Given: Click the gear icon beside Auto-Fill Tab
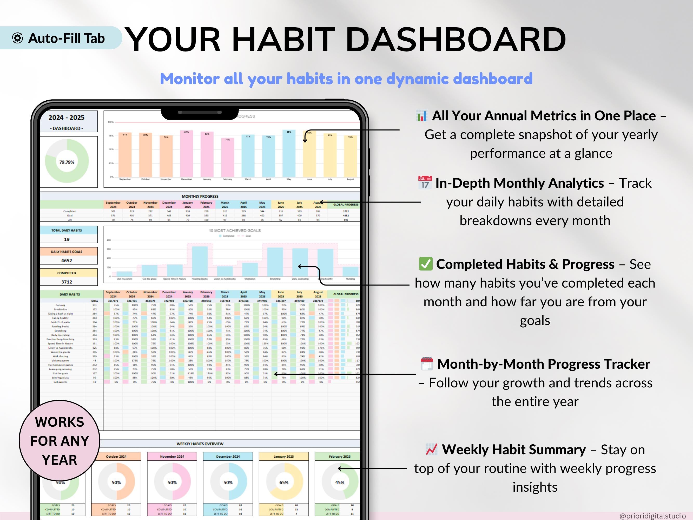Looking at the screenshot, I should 18,38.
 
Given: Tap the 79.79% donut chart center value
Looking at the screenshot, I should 67,162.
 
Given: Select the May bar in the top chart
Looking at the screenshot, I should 288,154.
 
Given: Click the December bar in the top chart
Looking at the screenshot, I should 186,154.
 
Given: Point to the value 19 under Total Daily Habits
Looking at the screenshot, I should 67,239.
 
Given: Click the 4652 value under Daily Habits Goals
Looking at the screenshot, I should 67,261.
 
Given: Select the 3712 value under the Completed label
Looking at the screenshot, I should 67,282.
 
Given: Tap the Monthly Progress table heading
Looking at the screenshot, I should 200,196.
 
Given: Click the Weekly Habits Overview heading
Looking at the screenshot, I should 200,444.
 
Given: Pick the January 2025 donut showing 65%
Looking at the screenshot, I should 284,482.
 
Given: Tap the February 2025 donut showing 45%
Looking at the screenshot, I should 340,482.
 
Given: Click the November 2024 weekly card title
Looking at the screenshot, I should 172,457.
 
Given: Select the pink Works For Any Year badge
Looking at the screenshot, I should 60,440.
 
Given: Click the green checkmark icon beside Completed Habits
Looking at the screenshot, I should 425,264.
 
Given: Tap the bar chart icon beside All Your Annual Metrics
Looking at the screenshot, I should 422,116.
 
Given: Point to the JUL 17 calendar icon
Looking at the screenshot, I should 425,183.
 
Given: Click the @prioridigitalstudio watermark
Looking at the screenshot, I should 652,516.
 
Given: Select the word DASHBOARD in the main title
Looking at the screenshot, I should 456,40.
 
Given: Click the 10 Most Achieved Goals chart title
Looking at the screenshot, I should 235,230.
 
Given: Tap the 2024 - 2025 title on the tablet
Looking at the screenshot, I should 67,118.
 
